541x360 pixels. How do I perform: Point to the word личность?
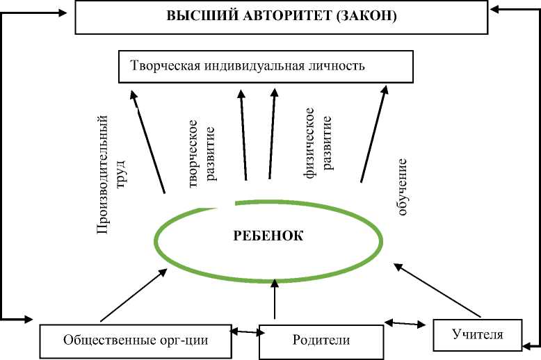pyautogui.click(x=339, y=67)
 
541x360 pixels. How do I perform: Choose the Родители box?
pyautogui.click(x=321, y=341)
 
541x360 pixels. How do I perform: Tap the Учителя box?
pyautogui.click(x=477, y=334)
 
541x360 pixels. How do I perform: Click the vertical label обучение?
pyautogui.click(x=402, y=187)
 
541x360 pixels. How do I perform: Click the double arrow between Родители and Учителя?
pyautogui.click(x=405, y=323)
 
